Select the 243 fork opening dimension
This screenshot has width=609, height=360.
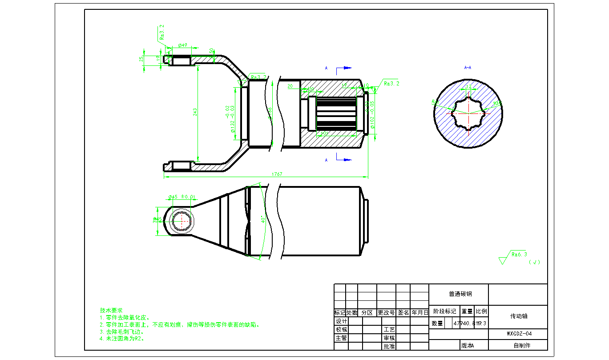coord(195,113)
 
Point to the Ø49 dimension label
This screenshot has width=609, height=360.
coord(182,45)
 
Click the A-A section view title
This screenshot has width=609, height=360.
coord(468,68)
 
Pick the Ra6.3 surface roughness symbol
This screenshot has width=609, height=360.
coord(519,255)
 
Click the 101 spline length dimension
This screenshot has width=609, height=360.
coord(324,133)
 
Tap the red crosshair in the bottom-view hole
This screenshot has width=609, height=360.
coord(181,220)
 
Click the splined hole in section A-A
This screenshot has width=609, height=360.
coord(468,113)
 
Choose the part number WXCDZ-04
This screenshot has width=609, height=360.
coord(519,333)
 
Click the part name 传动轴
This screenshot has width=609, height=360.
coord(518,316)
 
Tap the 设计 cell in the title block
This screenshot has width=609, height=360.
coord(341,321)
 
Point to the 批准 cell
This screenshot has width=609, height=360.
coord(389,346)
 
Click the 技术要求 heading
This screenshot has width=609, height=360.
coord(111,310)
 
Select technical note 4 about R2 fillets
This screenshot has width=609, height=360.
coord(122,338)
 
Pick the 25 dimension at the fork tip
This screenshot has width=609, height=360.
coord(141,59)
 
